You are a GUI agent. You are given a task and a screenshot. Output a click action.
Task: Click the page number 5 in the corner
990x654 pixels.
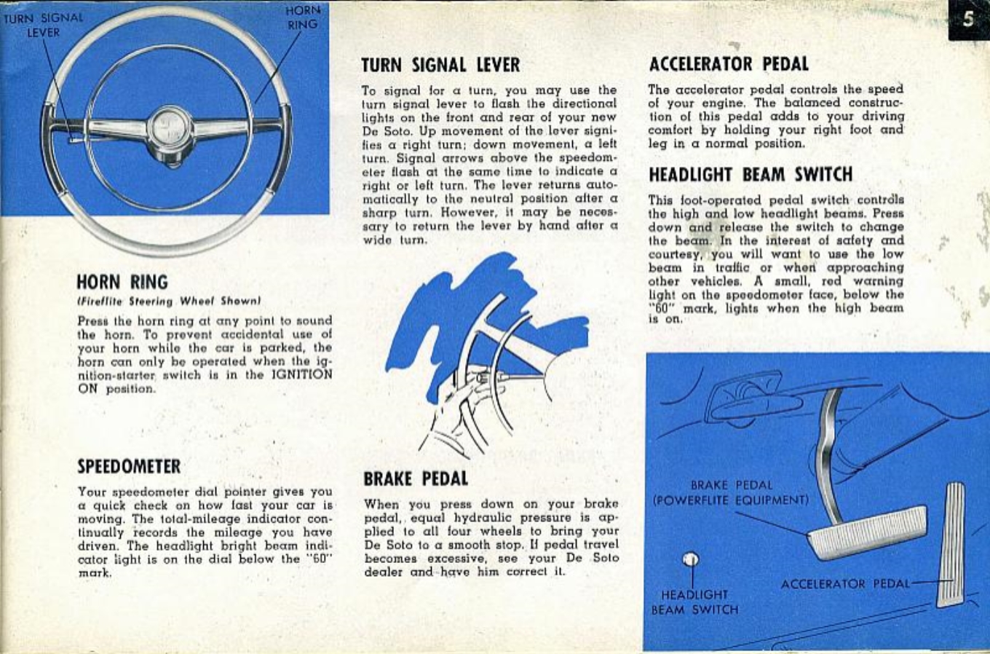tap(968, 19)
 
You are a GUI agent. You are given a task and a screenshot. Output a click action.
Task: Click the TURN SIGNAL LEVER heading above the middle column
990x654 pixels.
tap(440, 65)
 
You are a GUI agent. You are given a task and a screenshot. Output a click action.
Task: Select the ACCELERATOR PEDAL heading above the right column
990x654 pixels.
tap(728, 64)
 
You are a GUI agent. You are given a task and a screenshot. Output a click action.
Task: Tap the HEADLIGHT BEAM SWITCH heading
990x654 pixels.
tap(750, 175)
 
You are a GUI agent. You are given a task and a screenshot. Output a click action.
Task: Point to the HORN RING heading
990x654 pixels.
tap(122, 283)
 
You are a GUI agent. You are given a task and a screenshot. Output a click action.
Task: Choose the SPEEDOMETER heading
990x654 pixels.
tap(129, 467)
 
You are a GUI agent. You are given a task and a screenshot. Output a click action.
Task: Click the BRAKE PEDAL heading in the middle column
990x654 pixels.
tap(416, 478)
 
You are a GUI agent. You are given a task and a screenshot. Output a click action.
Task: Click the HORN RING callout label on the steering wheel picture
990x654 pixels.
tap(302, 18)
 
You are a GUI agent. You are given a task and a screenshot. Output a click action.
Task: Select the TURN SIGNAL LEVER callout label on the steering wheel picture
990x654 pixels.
tap(43, 24)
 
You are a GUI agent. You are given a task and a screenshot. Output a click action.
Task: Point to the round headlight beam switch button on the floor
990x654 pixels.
tap(691, 559)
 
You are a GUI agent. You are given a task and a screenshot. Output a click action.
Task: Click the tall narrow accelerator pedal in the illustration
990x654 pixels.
tap(951, 543)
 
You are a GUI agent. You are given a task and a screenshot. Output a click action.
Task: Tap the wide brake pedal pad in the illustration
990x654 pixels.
tap(868, 532)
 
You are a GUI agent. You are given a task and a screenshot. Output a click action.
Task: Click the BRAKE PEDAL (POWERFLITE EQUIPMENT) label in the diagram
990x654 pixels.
tap(730, 492)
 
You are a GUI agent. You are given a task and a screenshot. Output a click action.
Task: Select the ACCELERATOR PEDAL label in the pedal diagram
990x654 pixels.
tap(845, 584)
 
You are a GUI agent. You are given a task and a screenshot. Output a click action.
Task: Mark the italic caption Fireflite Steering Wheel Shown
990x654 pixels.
tap(169, 301)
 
